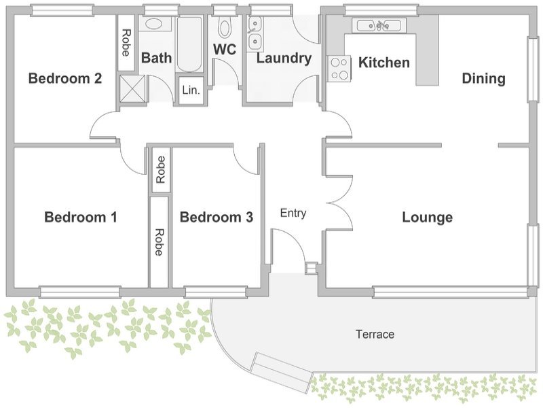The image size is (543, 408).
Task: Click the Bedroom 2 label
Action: click(65, 78)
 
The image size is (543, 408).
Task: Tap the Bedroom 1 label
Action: click(81, 217)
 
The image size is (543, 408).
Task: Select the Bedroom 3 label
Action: click(217, 217)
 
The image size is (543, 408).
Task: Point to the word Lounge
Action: click(428, 218)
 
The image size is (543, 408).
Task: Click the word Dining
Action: click(483, 78)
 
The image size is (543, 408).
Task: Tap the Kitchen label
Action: click(384, 63)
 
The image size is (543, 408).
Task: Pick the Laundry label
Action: click(284, 58)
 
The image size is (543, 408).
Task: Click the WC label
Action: click(225, 49)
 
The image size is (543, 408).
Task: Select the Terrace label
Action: click(375, 334)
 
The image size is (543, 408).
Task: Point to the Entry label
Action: click(293, 213)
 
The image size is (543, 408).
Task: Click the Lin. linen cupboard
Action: click(191, 90)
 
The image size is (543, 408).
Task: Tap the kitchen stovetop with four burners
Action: click(339, 69)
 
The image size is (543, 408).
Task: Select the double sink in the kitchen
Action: click(379, 25)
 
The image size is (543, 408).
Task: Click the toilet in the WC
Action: click(225, 29)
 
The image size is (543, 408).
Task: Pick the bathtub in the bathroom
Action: click(189, 44)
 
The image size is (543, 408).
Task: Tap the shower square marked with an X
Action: click(132, 89)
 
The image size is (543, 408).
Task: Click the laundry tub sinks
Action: click(255, 33)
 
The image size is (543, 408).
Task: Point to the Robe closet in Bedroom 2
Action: click(126, 42)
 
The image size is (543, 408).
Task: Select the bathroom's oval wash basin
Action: click(153, 24)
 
